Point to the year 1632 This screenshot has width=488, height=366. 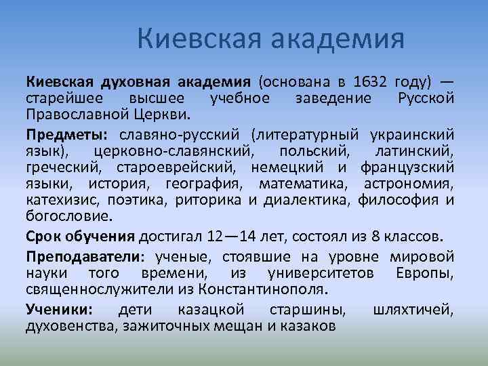pos(370,83)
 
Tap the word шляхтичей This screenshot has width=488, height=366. pos(413,310)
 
